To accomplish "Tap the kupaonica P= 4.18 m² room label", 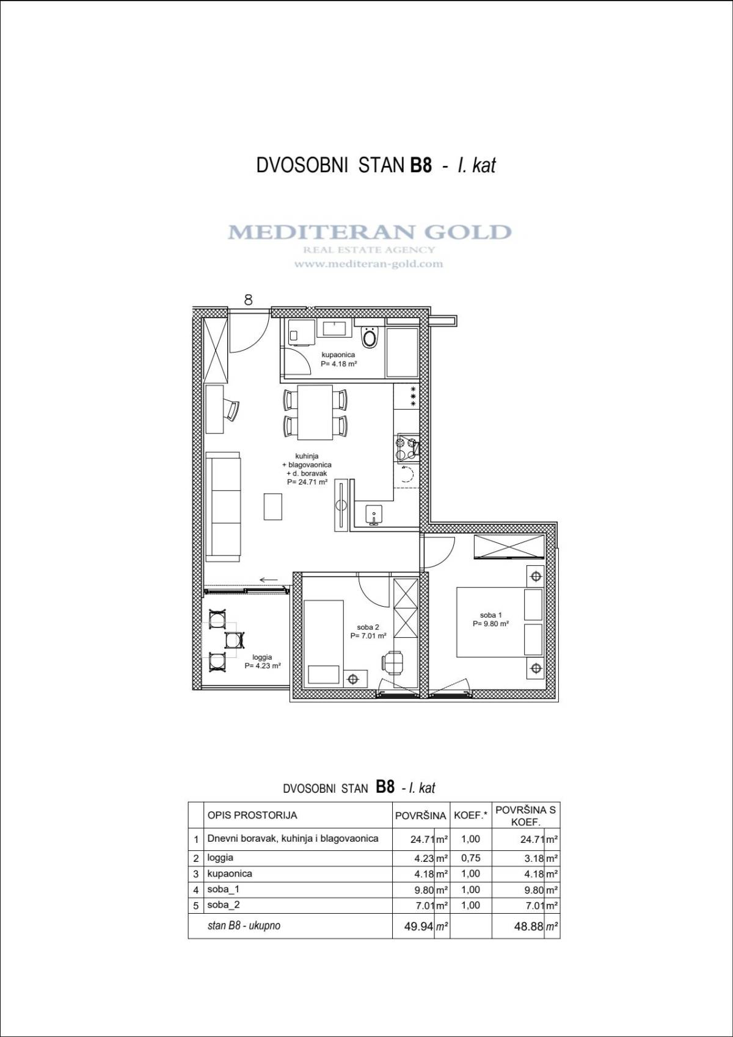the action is coord(338,360).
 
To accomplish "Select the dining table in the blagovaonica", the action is coord(315,413).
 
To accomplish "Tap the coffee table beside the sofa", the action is coord(273,507).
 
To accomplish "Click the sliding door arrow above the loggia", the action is coord(269,580).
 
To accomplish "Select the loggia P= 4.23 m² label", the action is coord(263,662).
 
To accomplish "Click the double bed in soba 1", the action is coord(500,622).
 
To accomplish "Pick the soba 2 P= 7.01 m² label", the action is coord(368,632).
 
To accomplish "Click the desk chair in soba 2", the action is coord(392,661).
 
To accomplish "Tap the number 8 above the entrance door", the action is coord(249,300).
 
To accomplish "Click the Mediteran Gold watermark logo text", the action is coord(370,231).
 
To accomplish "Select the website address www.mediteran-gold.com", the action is coord(369,264).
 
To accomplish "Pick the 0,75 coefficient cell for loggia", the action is coord(471,858).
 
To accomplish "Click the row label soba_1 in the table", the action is coord(224,889).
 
